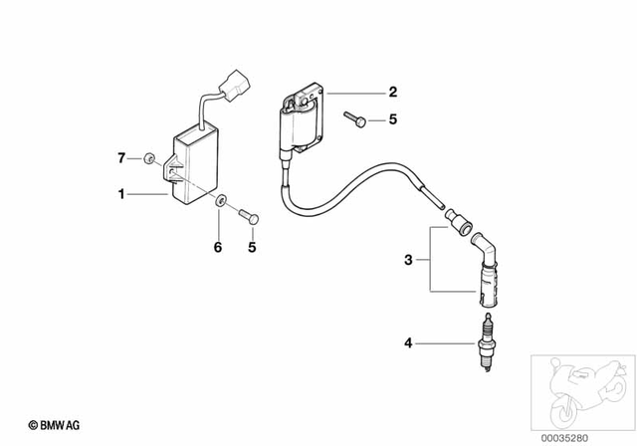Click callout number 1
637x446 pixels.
pos(122,195)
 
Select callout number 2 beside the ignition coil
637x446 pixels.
pos(392,93)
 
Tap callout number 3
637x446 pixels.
pos(408,261)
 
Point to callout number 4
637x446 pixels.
pos(407,343)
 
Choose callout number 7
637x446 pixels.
pos(122,157)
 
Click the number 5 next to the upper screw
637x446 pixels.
pos(392,120)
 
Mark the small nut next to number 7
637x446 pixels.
pos(147,156)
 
